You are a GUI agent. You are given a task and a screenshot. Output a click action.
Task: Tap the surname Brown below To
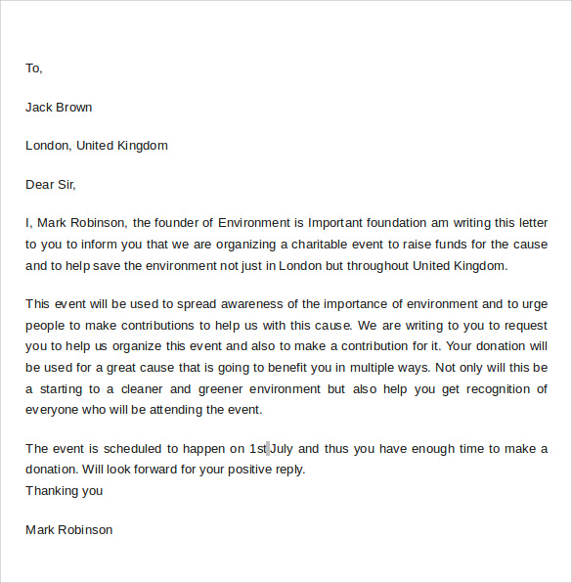point(73,107)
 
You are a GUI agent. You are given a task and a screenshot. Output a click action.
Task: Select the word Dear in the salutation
point(40,184)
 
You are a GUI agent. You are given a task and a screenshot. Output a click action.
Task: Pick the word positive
point(242,470)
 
